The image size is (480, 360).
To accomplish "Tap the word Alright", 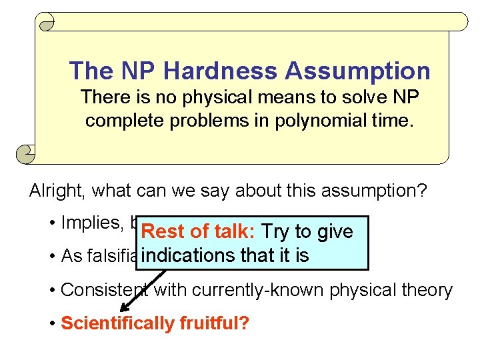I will pyautogui.click(x=58, y=191).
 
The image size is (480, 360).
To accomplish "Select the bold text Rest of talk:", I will pyautogui.click(x=199, y=232).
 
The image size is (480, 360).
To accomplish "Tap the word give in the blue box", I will pyautogui.click(x=335, y=232).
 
